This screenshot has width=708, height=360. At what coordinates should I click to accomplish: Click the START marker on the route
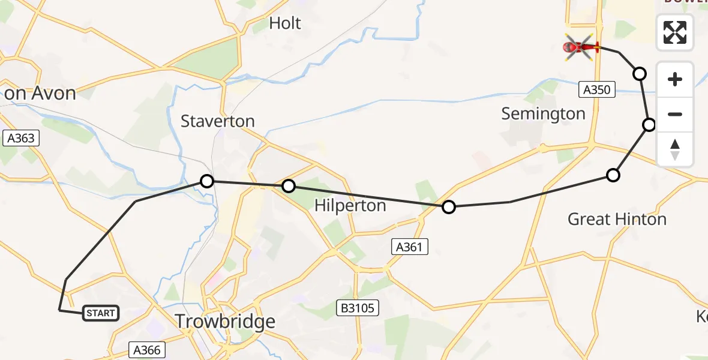pyautogui.click(x=100, y=313)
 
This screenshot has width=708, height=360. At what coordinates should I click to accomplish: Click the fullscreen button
pyautogui.click(x=675, y=32)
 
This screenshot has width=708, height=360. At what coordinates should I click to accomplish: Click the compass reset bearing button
pyautogui.click(x=675, y=149)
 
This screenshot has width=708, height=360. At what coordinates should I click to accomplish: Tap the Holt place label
pyautogui.click(x=285, y=23)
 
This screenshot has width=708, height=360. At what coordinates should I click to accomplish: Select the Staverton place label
pyautogui.click(x=218, y=121)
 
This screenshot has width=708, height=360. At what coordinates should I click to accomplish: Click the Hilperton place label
pyautogui.click(x=350, y=206)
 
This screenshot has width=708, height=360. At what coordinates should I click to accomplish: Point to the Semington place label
pyautogui.click(x=543, y=114)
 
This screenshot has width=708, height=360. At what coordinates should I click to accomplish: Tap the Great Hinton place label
pyautogui.click(x=617, y=219)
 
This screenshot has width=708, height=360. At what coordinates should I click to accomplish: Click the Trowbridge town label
pyautogui.click(x=225, y=322)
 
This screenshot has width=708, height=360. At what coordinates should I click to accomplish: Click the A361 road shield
pyautogui.click(x=410, y=245)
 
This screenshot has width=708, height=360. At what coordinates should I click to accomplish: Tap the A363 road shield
pyautogui.click(x=20, y=138)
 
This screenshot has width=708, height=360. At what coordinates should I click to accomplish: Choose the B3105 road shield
pyautogui.click(x=358, y=308)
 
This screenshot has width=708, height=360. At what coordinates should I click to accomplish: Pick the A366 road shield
pyautogui.click(x=147, y=350)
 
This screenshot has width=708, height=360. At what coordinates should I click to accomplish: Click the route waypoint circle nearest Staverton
pyautogui.click(x=206, y=181)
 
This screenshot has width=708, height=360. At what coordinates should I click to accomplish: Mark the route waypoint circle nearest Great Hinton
pyautogui.click(x=613, y=175)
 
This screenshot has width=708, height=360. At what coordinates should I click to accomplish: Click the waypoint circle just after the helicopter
pyautogui.click(x=640, y=74)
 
